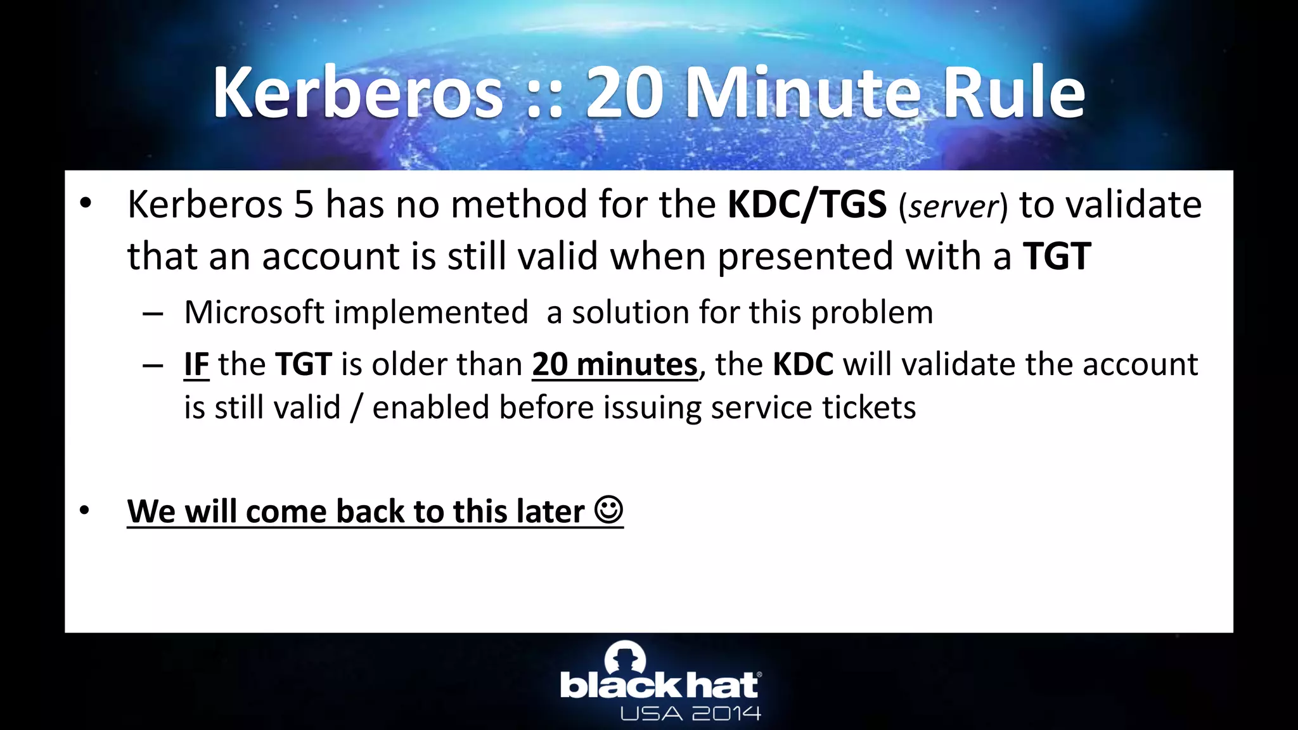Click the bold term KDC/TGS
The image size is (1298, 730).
pos(807,205)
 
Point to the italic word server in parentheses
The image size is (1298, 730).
pos(953,207)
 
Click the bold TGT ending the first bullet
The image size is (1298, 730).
pos(1057,256)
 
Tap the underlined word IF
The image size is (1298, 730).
pos(196,364)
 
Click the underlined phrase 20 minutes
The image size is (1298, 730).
pos(614,364)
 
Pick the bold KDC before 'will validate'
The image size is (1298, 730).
pos(803,364)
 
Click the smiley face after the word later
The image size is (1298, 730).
pos(609,510)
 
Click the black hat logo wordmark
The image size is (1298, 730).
pos(659,686)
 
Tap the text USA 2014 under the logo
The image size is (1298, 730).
pos(690,714)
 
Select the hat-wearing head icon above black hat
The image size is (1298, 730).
pos(626,658)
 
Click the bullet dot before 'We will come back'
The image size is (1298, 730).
pos(85,510)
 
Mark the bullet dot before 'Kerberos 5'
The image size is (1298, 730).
pos(85,204)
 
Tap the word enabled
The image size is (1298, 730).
pos(430,407)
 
